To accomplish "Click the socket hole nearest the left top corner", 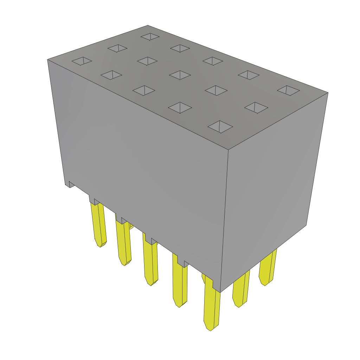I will point(82,61).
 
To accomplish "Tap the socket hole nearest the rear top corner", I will point(150,37).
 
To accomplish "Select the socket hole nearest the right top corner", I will point(288,90).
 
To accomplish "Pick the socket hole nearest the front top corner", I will point(220,127).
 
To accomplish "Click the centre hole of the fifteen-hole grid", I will point(180,75).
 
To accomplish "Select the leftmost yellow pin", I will point(98,225).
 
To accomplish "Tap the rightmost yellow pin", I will point(268,267).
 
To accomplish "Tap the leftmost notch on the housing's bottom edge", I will point(71,184).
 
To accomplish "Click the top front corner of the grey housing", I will point(229,150).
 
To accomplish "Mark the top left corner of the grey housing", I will point(48,60).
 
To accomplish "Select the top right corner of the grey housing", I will point(328,93).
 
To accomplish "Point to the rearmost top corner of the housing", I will point(148,26).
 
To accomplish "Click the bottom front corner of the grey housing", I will point(220,292).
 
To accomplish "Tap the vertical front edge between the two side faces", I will point(225,221).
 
